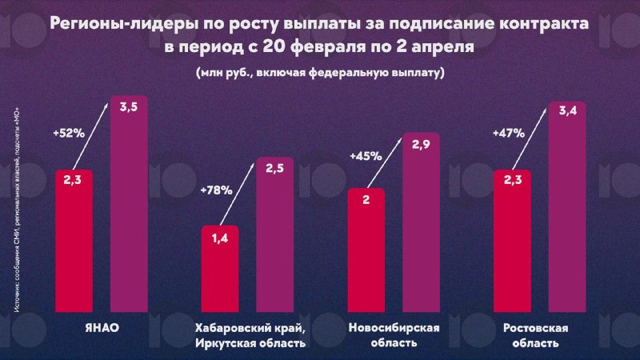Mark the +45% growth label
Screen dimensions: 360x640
[365, 157]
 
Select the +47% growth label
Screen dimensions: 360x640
[510, 134]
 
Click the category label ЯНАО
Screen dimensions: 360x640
[101, 328]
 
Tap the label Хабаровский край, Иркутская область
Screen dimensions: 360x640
[250, 335]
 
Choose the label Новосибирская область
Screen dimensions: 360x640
[395, 335]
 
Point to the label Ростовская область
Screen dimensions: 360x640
[536, 335]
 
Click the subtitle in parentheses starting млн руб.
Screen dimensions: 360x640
[319, 73]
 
